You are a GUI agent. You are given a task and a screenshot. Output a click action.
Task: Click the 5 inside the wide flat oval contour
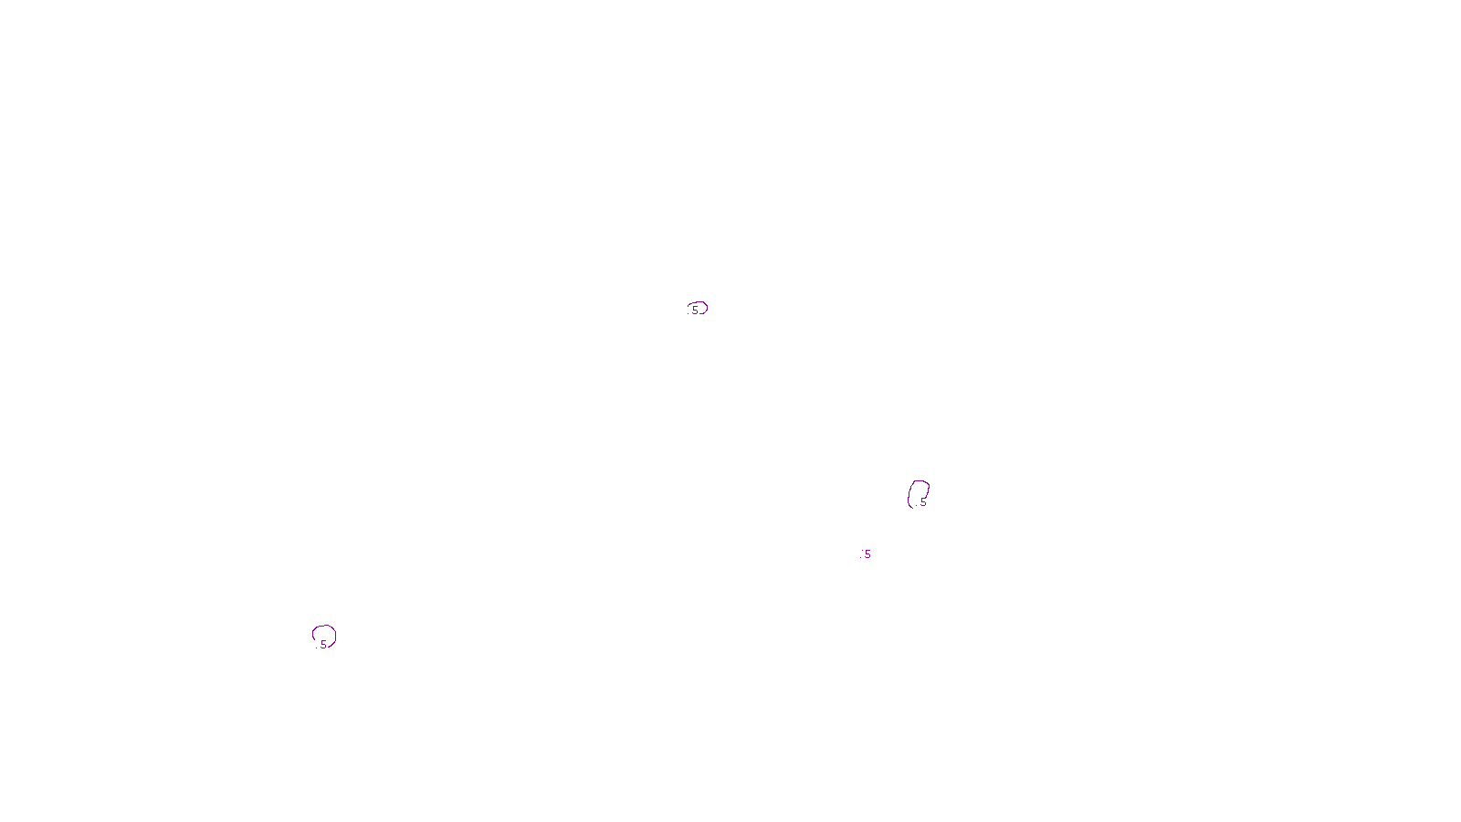click(695, 311)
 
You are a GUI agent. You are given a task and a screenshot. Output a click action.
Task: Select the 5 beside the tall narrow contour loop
click(923, 502)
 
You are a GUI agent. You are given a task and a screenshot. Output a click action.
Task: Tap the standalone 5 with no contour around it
click(867, 554)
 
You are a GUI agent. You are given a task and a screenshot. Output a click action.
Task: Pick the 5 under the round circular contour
click(323, 645)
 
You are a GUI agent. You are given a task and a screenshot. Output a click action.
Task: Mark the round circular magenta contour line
click(323, 627)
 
